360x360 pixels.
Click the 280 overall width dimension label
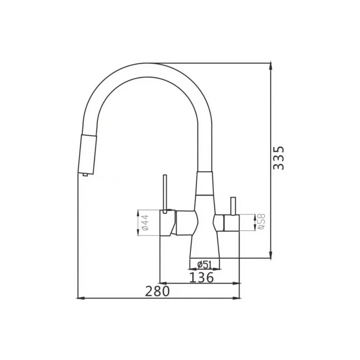click(157, 292)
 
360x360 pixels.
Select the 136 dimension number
click(201, 278)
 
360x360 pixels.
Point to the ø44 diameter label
click(145, 223)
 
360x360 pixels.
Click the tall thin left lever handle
click(165, 194)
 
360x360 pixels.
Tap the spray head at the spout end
click(87, 154)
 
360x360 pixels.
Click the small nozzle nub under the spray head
click(85, 175)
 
